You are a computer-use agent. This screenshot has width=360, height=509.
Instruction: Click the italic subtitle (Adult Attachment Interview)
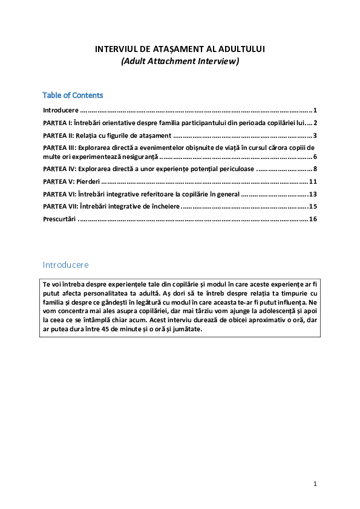pyautogui.click(x=180, y=61)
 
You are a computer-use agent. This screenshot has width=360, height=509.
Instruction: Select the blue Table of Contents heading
pyautogui.click(x=73, y=96)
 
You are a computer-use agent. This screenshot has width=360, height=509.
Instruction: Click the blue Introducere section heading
pyautogui.click(x=66, y=265)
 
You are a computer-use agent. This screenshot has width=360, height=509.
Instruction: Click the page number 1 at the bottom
pyautogui.click(x=315, y=484)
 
